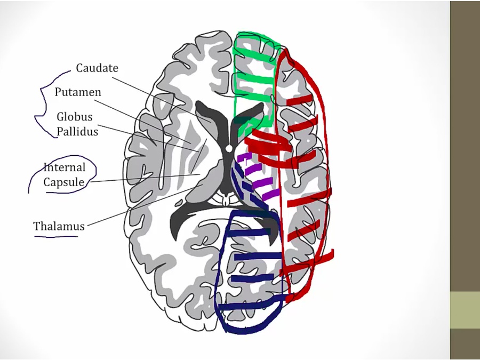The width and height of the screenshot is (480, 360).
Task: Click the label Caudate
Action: (x=97, y=68)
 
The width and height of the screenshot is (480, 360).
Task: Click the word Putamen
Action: (x=78, y=92)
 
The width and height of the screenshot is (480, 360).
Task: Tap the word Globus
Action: (x=75, y=117)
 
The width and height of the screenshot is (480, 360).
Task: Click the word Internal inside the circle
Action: (x=65, y=167)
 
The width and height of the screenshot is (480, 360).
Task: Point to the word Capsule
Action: (x=64, y=182)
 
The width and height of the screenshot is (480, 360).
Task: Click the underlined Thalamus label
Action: (x=59, y=226)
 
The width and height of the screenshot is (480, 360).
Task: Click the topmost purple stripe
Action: (x=244, y=157)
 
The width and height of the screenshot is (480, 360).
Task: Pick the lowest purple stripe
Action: (x=269, y=194)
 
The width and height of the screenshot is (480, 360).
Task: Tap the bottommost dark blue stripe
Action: (x=251, y=306)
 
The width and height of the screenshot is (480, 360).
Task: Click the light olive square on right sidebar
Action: (x=465, y=310)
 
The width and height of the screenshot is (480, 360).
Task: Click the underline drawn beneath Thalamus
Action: (x=56, y=235)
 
